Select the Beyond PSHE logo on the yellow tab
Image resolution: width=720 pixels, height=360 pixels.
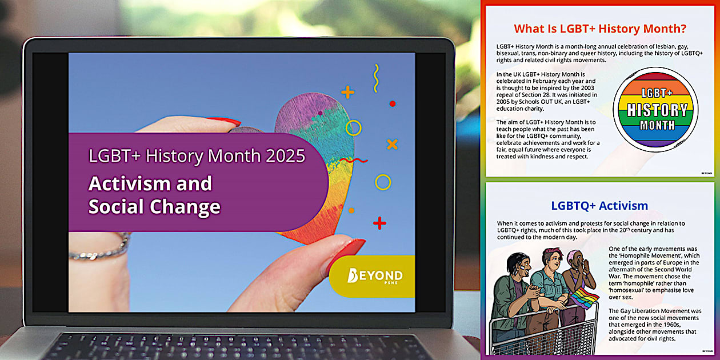374,276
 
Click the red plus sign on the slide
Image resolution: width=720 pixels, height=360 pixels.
379,223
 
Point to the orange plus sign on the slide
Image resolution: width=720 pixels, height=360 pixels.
347,91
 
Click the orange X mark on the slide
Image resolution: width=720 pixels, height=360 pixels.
392,144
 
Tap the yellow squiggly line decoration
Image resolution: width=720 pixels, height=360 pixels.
375,78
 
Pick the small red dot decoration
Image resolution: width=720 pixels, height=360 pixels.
392,103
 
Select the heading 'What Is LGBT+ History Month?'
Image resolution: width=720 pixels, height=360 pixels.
600,29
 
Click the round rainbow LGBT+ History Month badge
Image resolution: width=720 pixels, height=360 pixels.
655,109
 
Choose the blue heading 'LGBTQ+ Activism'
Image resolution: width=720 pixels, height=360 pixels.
599,206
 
